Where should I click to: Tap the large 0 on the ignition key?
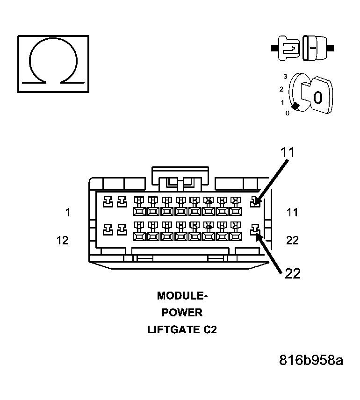point(318,98)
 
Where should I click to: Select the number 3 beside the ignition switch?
point(285,76)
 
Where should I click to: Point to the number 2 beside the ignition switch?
point(281,89)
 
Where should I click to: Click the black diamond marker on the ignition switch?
point(295,106)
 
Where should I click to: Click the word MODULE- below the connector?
point(182,296)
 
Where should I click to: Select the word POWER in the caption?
point(182,313)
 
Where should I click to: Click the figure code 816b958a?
point(311,360)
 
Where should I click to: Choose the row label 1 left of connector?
point(68,213)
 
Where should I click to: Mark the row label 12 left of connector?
point(62,240)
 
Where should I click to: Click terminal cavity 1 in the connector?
point(107,201)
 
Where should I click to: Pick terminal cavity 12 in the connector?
point(107,229)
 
